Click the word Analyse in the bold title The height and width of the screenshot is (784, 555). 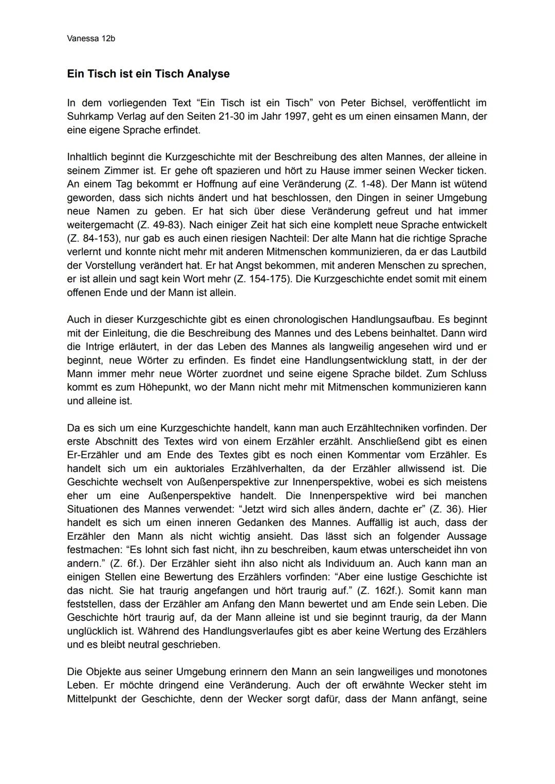pos(208,74)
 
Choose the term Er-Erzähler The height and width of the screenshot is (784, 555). pos(92,455)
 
